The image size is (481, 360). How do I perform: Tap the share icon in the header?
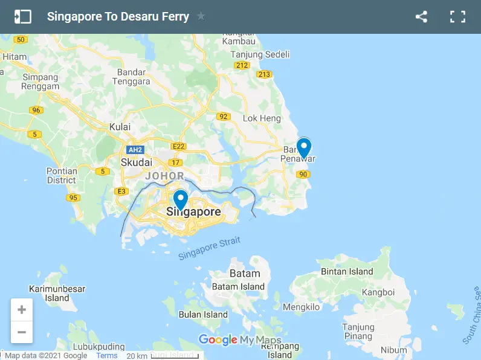coord(421,17)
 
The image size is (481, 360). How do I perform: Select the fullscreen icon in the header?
coord(457,17)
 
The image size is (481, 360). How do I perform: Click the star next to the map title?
coord(201,17)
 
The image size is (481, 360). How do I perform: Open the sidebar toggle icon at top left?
coord(22,17)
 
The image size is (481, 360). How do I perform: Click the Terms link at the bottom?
coord(107,356)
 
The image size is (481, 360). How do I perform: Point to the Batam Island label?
coord(238,286)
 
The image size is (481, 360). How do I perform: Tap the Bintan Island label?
coord(347,272)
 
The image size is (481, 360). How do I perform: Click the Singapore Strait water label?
coord(209,249)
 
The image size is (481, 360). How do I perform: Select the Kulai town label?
coord(120,127)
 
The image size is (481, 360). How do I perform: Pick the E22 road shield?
coord(178,146)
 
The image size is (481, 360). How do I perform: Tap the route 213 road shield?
coord(264,74)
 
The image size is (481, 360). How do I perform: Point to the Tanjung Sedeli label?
coord(260,54)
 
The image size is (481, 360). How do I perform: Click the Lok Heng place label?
coord(262,118)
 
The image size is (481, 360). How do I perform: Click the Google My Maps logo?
coord(240,340)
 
